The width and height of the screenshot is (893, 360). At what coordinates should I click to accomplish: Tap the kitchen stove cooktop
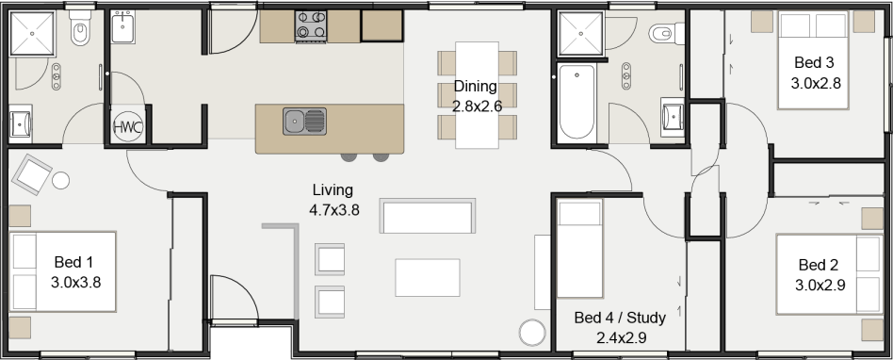(311, 25)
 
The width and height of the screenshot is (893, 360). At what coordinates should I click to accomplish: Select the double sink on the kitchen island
(304, 121)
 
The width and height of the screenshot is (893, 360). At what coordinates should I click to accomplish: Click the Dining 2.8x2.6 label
(477, 96)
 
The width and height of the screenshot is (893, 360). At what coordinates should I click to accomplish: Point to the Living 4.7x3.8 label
(334, 201)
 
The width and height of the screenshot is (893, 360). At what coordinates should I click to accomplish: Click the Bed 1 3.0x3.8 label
(74, 271)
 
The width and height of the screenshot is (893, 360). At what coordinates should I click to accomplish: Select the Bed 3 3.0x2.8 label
(815, 73)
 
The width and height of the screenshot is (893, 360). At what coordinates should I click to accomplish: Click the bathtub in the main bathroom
(576, 101)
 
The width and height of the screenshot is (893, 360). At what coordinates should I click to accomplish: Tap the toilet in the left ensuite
(79, 33)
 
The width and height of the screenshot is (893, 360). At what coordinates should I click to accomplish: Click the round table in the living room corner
(532, 333)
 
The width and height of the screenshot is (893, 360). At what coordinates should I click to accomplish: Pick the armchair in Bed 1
(34, 174)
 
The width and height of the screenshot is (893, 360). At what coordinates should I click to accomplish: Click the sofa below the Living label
(427, 216)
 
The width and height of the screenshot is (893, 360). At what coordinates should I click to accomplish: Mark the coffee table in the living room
(428, 277)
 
